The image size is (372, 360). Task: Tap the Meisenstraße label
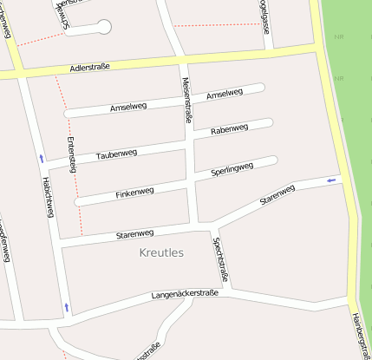pyautogui.click(x=186, y=99)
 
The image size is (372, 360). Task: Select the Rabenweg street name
pyautogui.click(x=229, y=129)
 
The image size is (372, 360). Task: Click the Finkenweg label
pyautogui.click(x=134, y=192)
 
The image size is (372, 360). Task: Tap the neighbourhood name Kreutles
pyautogui.click(x=161, y=252)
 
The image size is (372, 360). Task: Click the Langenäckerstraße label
pyautogui.click(x=185, y=295)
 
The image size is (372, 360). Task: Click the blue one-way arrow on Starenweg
pyautogui.click(x=330, y=180)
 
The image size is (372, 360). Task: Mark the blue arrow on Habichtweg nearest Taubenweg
pyautogui.click(x=41, y=158)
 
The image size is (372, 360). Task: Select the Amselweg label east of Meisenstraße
pyautogui.click(x=224, y=94)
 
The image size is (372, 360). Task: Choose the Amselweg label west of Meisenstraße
pyautogui.click(x=128, y=107)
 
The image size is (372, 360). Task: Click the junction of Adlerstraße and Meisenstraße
pyautogui.click(x=183, y=59)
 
